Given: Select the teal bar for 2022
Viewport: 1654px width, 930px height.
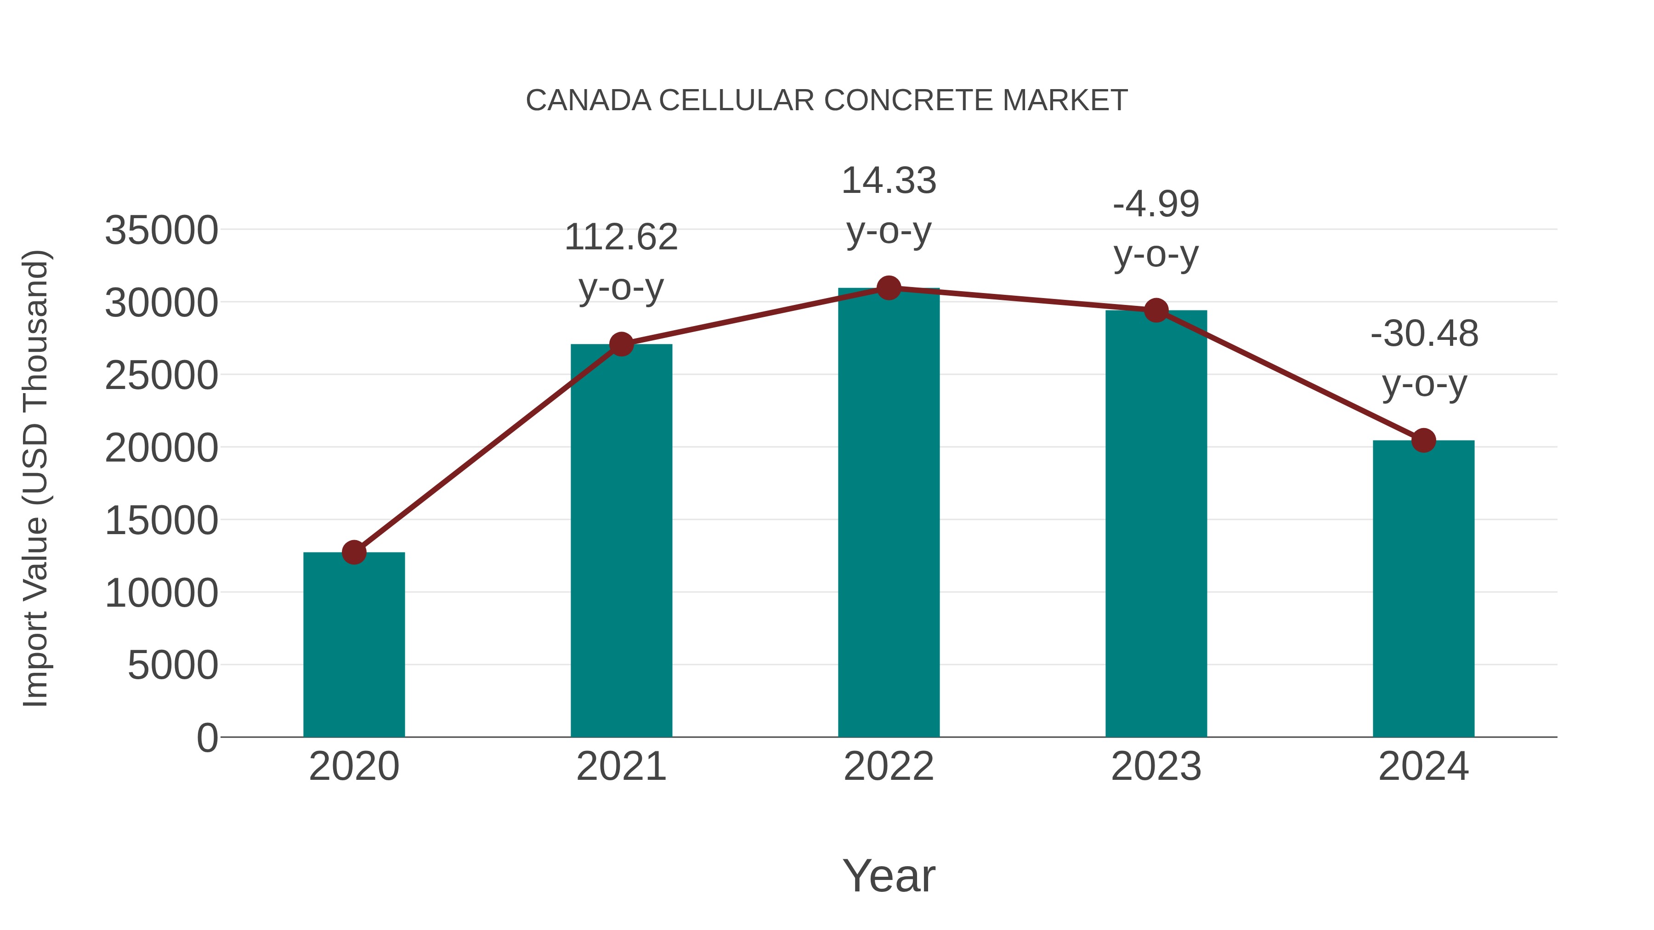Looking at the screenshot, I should (x=889, y=513).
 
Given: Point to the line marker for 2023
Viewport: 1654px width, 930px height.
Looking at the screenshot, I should (x=1156, y=310).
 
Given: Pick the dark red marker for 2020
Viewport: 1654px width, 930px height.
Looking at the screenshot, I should (x=354, y=552).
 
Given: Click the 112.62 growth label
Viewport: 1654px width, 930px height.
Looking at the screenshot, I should (x=621, y=237).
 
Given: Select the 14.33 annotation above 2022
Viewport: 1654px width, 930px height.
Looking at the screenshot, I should (x=889, y=181).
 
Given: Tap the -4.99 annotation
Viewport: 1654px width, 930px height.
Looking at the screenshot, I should (x=1156, y=205).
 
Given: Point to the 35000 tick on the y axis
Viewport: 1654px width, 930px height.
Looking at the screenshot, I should (x=161, y=231).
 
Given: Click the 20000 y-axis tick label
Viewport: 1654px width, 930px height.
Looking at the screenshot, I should (x=161, y=448).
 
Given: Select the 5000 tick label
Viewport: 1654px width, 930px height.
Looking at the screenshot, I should (x=173, y=665).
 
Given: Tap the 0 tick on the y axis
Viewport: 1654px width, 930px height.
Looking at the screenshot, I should (x=207, y=738).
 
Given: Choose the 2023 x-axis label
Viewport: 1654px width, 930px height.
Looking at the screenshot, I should (x=1156, y=767).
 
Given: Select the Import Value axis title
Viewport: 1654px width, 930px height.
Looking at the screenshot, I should (x=36, y=478).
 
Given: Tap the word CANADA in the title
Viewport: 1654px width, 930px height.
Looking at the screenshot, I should (x=588, y=101).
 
